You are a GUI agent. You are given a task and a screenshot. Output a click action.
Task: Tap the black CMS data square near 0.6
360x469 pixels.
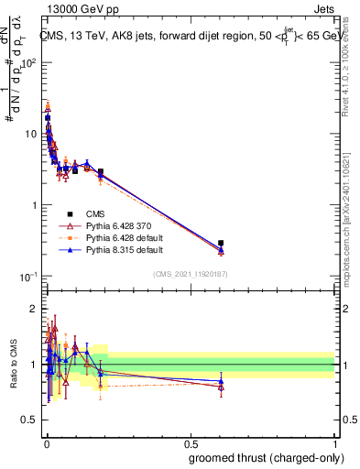pyautogui.click(x=221, y=243)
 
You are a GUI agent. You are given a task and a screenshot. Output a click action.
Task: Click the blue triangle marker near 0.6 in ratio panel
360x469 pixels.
pyautogui.click(x=221, y=381)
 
